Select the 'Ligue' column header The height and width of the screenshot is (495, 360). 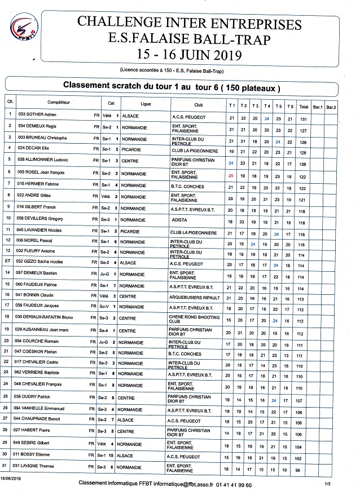click(146, 105)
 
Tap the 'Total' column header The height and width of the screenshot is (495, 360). click(304, 106)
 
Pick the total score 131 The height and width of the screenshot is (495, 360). click(304, 119)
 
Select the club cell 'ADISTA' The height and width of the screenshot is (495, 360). click(180, 220)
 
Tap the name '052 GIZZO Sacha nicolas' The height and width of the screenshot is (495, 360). click(43, 262)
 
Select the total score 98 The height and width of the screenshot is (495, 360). click(304, 470)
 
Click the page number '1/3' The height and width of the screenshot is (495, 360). click(327, 484)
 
